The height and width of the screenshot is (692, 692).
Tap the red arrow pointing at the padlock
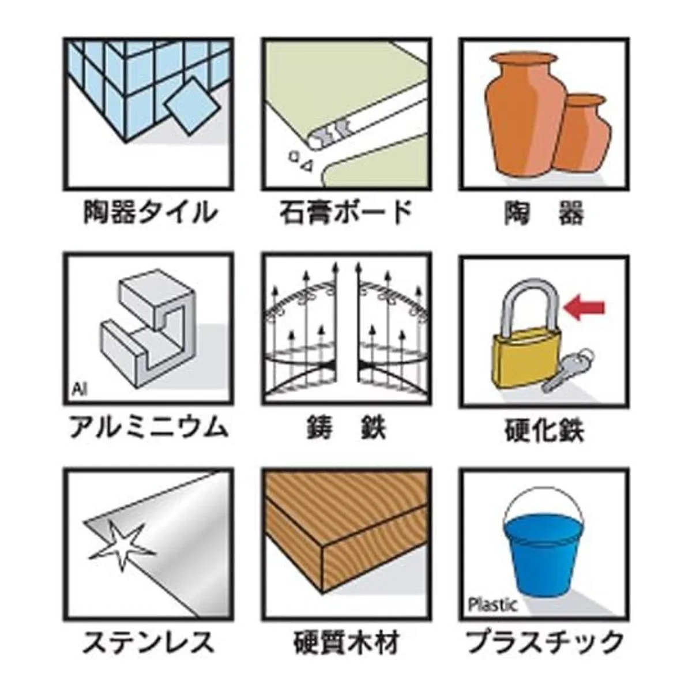[x=584, y=307]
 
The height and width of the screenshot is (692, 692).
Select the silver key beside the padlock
[x=569, y=370]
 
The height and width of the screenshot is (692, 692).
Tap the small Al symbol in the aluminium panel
[x=79, y=390]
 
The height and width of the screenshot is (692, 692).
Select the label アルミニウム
[x=148, y=428]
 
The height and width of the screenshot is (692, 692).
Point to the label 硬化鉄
[x=544, y=430]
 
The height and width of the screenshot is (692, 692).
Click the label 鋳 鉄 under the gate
[x=346, y=428]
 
